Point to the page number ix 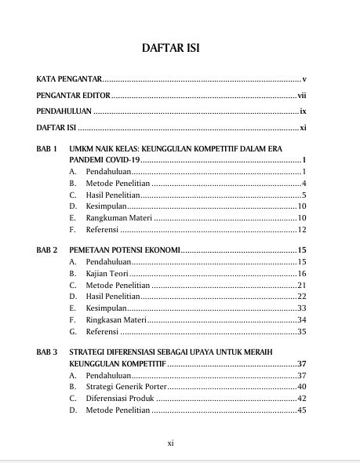(x=302, y=111)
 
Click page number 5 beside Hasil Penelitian (x=303, y=195)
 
